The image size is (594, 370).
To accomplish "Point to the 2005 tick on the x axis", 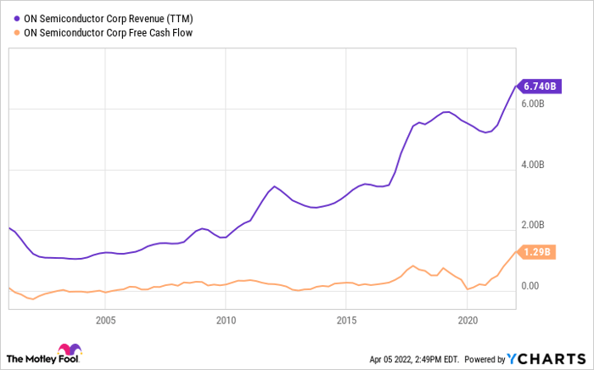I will [x=105, y=321].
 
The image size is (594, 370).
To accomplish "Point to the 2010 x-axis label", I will [x=226, y=321].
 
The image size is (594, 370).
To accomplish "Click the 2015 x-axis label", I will [x=346, y=321].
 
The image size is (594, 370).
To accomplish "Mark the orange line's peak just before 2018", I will [x=412, y=266].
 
